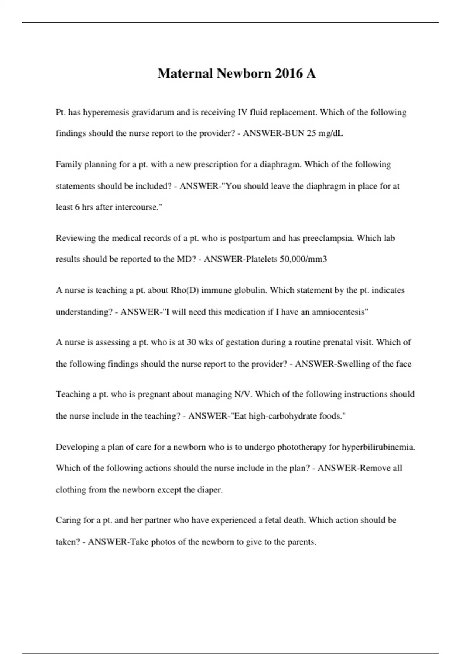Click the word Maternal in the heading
point(185,73)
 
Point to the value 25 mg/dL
point(325,133)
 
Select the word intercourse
point(136,207)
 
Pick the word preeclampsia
point(328,238)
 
